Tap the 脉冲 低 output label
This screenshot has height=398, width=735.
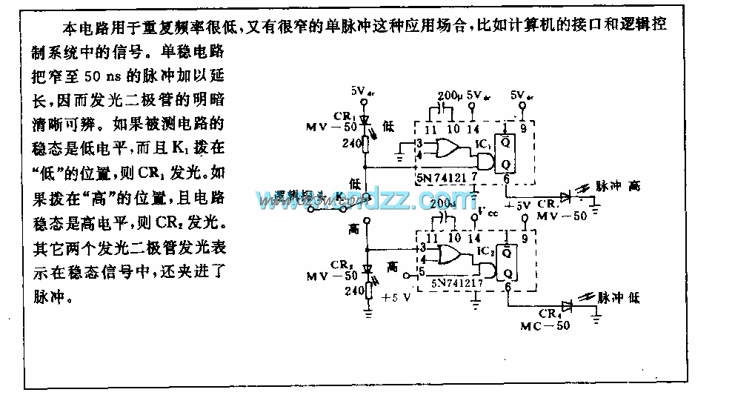pyautogui.click(x=619, y=298)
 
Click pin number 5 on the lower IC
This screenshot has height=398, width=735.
pyautogui.click(x=421, y=271)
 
